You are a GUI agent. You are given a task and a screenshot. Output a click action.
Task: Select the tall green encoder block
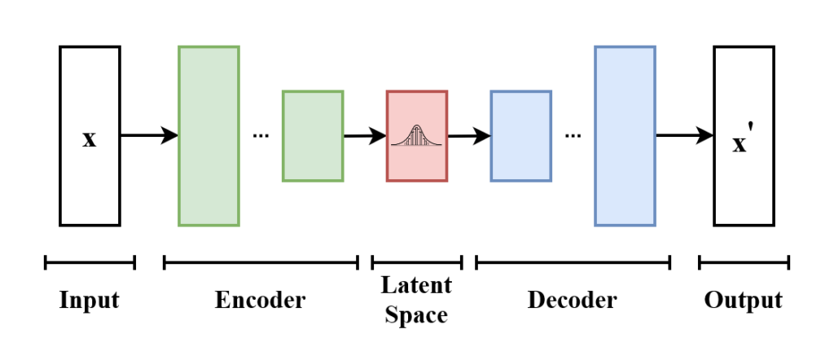[208, 136]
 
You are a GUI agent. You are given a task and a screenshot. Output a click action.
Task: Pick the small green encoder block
[313, 136]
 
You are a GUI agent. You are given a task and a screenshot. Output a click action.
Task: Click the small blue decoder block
[520, 136]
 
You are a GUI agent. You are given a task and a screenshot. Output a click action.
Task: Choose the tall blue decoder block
[625, 136]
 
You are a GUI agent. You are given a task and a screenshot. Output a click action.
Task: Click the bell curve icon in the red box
[416, 136]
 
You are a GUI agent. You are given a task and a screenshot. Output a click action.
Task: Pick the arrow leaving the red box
[469, 136]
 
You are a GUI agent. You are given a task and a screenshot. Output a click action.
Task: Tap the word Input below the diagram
[90, 300]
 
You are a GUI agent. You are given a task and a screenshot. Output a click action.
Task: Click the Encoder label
[260, 300]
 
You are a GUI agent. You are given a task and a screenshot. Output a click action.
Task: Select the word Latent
[416, 286]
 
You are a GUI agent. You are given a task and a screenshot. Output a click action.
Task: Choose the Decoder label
[573, 300]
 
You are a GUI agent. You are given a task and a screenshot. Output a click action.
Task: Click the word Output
[743, 300]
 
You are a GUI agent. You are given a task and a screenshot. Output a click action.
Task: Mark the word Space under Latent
[416, 314]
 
